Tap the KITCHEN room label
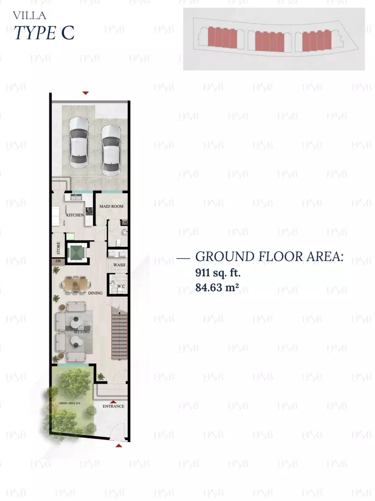75,215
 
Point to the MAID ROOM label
111,206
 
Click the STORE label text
59,248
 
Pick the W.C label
120,286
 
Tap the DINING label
95,293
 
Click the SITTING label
82,331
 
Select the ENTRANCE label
113,406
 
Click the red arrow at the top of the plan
85,93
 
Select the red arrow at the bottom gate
119,445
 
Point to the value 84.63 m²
217,288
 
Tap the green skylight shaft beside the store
76,253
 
